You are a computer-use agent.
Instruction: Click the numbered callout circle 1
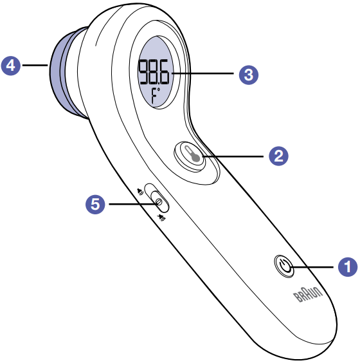(x=348, y=266)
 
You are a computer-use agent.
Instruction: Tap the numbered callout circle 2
(x=278, y=156)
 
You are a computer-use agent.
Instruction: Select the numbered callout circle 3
(x=249, y=75)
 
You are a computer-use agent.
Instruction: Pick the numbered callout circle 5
(x=95, y=204)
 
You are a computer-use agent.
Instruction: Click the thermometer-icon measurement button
(x=190, y=156)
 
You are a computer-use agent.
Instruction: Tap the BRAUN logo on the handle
(x=307, y=294)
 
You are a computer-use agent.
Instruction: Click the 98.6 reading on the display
(x=153, y=72)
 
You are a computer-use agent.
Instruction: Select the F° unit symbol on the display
(x=156, y=95)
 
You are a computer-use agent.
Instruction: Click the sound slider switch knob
(x=159, y=201)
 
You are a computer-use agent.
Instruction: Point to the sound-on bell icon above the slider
(x=140, y=191)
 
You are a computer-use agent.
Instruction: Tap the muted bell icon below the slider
(x=161, y=218)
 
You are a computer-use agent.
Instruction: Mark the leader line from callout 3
(x=203, y=73)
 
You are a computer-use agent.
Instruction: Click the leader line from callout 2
(x=233, y=156)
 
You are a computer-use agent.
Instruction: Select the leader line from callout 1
(x=312, y=267)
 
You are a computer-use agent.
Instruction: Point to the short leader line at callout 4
(x=35, y=65)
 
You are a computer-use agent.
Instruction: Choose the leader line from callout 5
(x=134, y=204)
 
